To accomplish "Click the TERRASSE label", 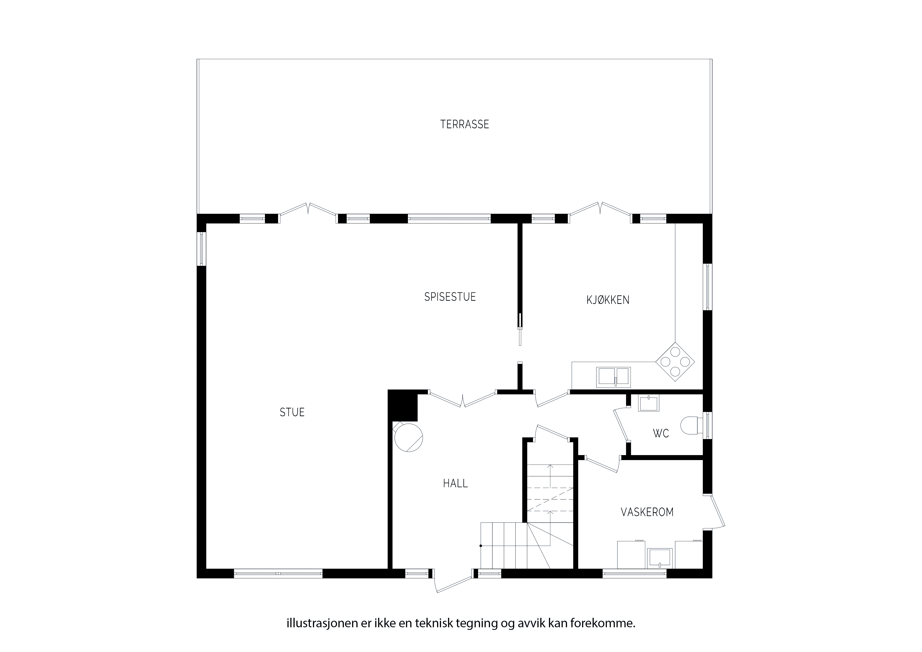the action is (465, 125).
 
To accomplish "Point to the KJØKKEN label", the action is (608, 300).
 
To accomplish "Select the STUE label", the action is (292, 412).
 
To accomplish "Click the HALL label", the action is (455, 483).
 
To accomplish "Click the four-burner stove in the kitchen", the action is (675, 361).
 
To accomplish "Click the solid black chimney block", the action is (403, 405).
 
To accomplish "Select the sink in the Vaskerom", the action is (660, 558).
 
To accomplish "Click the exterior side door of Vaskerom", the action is (714, 511).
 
